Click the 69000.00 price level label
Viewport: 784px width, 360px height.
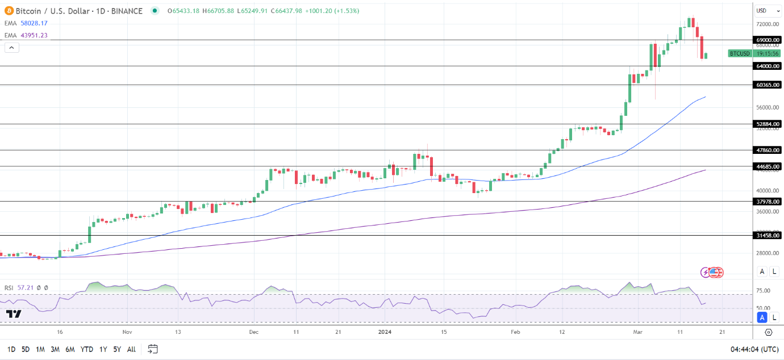768,40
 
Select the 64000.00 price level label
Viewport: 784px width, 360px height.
768,66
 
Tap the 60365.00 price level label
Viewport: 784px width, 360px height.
768,85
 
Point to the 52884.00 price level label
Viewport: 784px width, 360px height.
768,124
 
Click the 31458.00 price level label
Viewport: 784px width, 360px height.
768,235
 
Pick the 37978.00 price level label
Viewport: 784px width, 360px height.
768,202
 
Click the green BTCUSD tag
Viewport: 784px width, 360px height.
740,53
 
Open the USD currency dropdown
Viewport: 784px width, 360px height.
768,11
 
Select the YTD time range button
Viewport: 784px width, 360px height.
87,349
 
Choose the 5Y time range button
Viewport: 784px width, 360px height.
116,349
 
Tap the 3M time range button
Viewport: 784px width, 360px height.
55,349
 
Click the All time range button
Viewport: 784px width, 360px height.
131,349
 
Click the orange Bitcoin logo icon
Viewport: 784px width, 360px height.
9,11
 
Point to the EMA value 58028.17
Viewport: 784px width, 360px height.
34,23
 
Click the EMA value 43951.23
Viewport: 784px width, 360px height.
34,35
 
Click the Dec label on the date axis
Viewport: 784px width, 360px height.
254,332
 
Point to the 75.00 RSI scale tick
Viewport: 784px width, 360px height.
763,291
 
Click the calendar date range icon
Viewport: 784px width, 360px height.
152,349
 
